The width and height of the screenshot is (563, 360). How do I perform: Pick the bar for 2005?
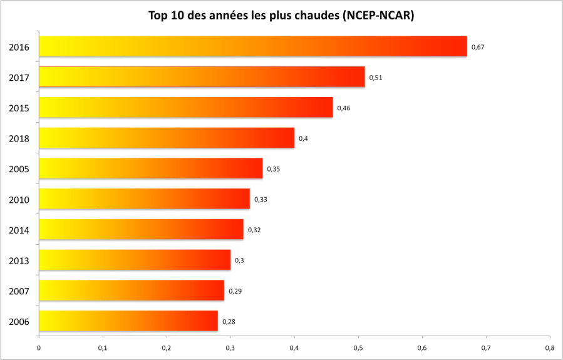(150, 168)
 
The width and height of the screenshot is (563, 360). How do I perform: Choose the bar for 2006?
(128, 321)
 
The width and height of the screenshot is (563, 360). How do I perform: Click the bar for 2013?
(135, 260)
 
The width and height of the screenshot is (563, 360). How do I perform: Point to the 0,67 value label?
(478, 47)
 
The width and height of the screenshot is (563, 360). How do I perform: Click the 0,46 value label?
(343, 108)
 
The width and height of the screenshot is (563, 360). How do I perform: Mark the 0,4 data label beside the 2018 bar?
(303, 138)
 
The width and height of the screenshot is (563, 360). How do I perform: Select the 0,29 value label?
(235, 291)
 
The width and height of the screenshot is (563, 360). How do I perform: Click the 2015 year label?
(19, 108)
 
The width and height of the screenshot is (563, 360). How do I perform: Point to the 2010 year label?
(19, 200)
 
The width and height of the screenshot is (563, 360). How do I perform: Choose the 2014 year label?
(19, 230)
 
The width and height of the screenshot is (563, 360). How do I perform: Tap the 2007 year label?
(19, 291)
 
